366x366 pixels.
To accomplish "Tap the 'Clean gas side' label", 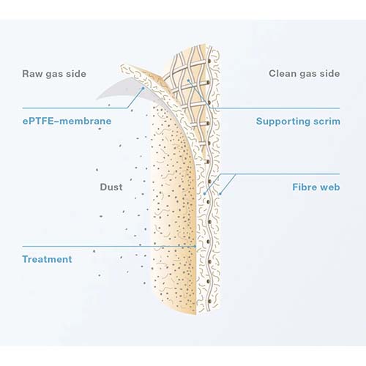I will pos(304,73).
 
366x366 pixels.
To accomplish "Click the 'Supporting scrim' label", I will pos(298,121).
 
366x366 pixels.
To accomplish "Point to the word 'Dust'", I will pos(111,187).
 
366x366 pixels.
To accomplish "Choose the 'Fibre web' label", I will pos(315,187).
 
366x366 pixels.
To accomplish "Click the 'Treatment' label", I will pos(47,259).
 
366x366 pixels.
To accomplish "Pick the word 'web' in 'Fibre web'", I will pos(330,187).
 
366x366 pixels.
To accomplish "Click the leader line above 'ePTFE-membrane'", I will pos(73,108).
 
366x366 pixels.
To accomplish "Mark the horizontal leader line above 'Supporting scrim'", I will pos(293,108).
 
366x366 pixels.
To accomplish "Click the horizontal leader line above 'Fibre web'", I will pos(293,174).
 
